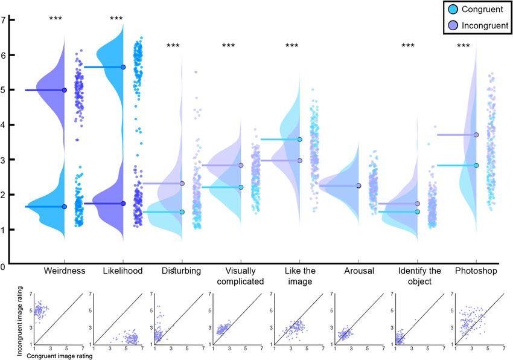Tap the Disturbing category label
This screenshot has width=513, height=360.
point(182,271)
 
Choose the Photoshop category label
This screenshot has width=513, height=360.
point(477,271)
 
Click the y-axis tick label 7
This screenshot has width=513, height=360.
point(5,20)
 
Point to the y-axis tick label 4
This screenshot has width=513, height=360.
point(5,125)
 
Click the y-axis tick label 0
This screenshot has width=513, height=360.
point(5,265)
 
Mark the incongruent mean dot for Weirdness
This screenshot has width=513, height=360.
point(64,90)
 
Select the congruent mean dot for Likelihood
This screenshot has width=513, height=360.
point(123,67)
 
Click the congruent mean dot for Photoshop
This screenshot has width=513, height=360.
point(476,166)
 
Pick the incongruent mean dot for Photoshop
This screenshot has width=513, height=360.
point(476,135)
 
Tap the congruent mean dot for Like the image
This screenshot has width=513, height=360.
point(299,140)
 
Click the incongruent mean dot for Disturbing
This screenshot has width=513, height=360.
point(182,183)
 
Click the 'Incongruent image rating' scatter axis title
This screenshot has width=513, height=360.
point(21,318)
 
